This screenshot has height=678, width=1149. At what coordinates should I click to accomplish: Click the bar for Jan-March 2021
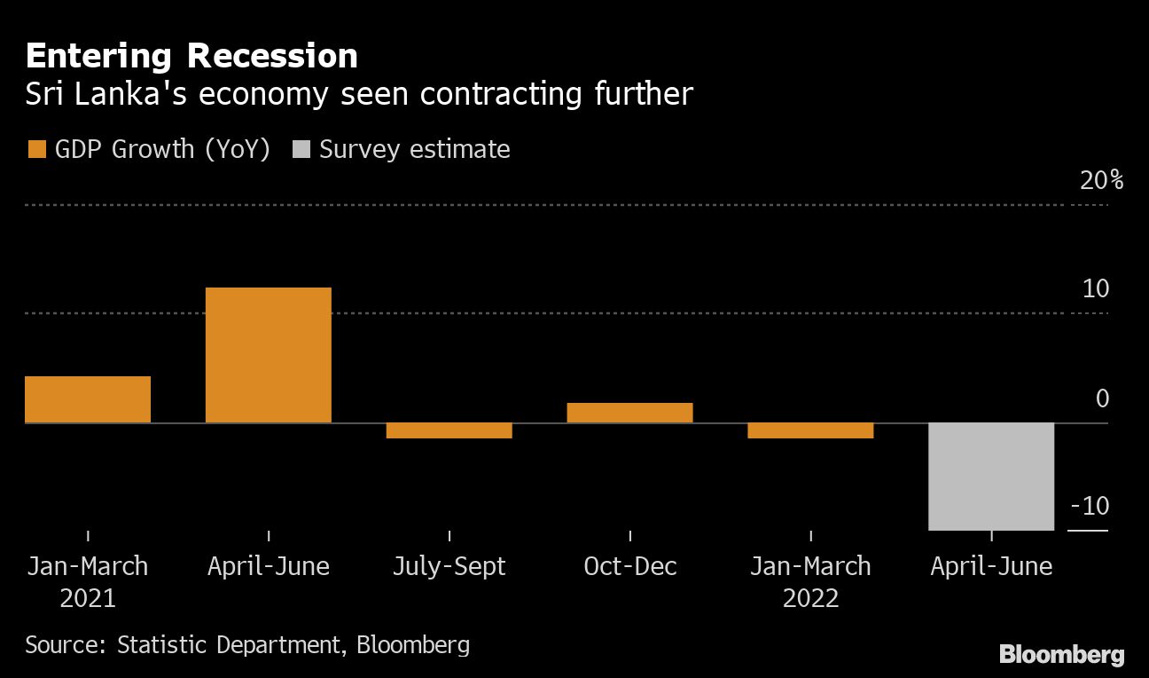[x=88, y=399]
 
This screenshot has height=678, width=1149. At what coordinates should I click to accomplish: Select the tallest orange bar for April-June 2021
[x=269, y=355]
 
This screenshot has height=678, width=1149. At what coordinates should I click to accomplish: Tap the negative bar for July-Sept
[x=449, y=430]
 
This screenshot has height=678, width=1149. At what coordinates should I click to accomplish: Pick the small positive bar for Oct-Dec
[x=630, y=413]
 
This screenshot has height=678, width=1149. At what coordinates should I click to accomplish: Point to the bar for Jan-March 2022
[x=811, y=430]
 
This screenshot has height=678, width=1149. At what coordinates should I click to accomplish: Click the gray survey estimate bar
[x=991, y=477]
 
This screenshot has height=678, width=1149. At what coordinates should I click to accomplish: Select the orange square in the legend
[x=36, y=149]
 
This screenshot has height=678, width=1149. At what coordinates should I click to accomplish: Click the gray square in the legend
[x=301, y=149]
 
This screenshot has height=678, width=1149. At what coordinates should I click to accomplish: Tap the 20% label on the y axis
[x=1102, y=181]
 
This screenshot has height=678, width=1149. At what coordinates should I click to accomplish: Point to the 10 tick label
[x=1096, y=289]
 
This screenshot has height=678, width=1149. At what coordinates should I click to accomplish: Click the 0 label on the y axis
[x=1102, y=398]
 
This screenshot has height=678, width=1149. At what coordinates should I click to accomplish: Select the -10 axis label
[x=1090, y=507]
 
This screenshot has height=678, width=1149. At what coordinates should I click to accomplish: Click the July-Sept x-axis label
[x=449, y=566]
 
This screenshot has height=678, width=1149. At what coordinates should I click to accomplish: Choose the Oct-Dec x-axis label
[x=630, y=566]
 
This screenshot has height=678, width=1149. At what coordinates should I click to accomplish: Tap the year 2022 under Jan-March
[x=811, y=598]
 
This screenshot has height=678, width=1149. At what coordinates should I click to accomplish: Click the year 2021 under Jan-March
[x=88, y=598]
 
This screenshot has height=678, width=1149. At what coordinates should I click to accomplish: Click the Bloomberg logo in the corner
[x=1061, y=655]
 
